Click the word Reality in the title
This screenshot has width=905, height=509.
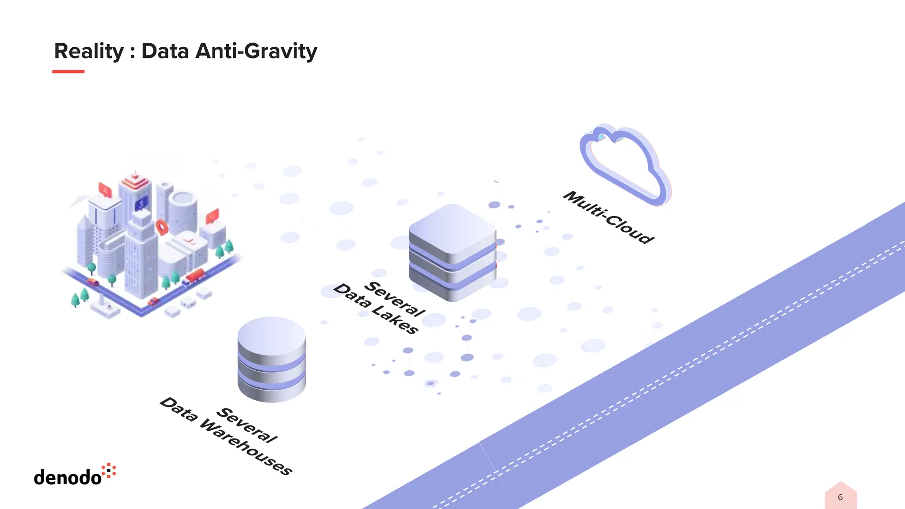(89, 51)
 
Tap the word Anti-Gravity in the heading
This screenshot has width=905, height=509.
(256, 51)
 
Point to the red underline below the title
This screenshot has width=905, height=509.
(68, 71)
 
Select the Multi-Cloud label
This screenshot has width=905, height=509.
(608, 217)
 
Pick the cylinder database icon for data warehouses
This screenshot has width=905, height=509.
(271, 359)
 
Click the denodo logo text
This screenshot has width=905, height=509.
(68, 478)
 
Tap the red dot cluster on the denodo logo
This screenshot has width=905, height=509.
(109, 471)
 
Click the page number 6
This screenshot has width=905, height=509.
(840, 498)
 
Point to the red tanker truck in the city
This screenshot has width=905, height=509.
(194, 277)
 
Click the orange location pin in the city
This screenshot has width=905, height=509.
(162, 227)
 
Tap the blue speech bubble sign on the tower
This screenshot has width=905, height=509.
(141, 204)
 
